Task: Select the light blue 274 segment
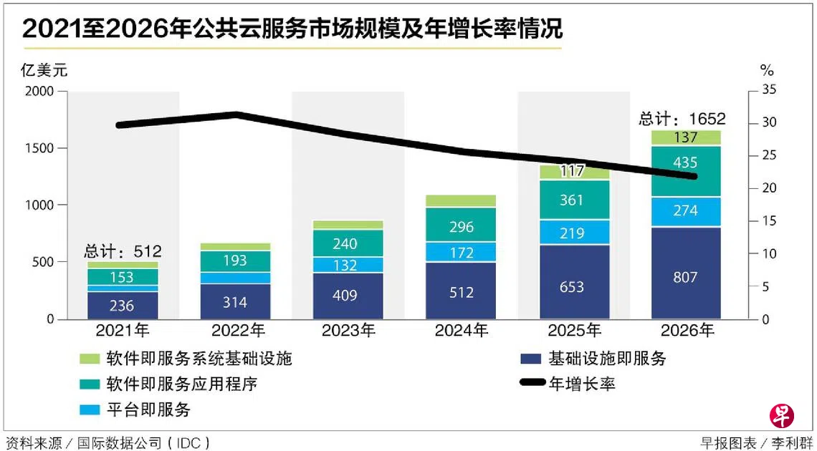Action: (686, 212)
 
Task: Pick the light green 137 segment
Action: (686, 137)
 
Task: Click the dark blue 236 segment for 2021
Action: (123, 305)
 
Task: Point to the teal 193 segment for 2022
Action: (235, 261)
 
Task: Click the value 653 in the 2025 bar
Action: (572, 287)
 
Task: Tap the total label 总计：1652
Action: (682, 119)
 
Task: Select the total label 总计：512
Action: (123, 251)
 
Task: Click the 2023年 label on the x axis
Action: (349, 331)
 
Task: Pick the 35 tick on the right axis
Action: (768, 90)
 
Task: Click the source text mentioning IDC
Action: (107, 442)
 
